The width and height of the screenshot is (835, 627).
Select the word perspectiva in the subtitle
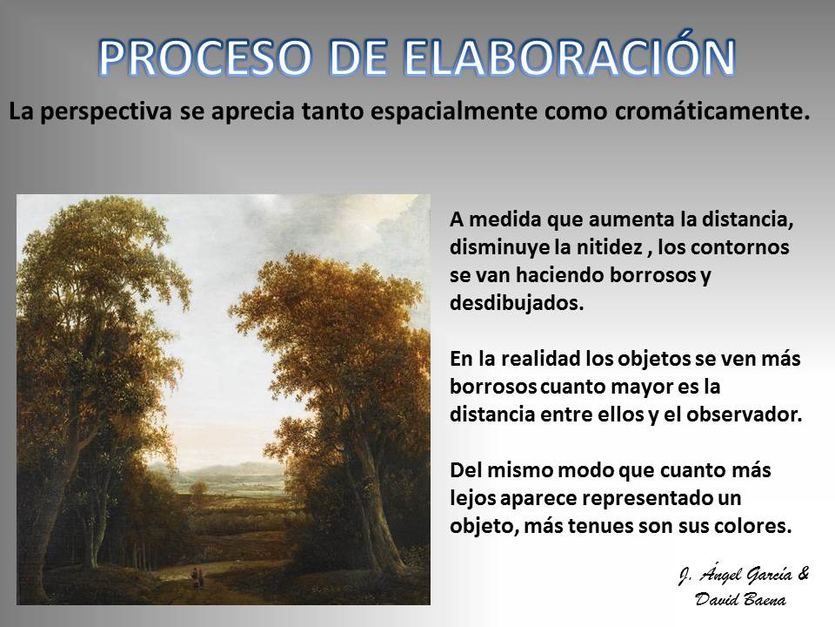pyautogui.click(x=106, y=112)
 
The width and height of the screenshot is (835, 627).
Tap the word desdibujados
pyautogui.click(x=517, y=303)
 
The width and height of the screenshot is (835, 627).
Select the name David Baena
pyautogui.click(x=741, y=599)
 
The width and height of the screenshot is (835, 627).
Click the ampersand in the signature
pyautogui.click(x=804, y=574)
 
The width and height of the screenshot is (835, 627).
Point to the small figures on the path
pyautogui.click(x=196, y=577)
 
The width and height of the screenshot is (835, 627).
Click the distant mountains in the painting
pyautogui.click(x=224, y=469)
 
